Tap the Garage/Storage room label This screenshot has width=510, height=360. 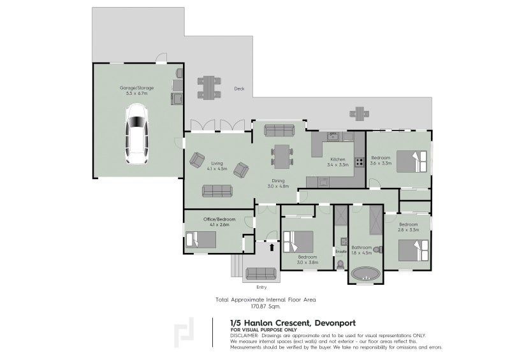[136, 87]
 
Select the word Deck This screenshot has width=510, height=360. [239, 89]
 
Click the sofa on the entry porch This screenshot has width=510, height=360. [261, 274]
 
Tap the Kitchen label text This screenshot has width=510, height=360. [337, 159]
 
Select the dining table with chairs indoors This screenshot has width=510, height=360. [281, 155]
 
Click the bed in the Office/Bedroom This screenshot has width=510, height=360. [201, 240]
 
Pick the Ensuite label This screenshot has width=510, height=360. [340, 252]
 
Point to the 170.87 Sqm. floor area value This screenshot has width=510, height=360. [265, 306]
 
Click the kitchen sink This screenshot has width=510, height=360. [331, 136]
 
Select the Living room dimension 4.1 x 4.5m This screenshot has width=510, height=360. [218, 169]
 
